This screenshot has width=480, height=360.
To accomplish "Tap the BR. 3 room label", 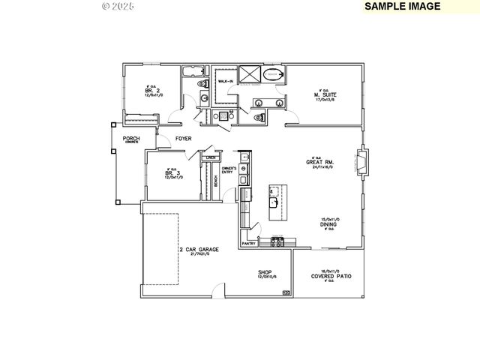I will (169, 174).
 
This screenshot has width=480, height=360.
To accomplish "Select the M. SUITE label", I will (324, 94).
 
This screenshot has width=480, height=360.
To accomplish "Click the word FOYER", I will (183, 139).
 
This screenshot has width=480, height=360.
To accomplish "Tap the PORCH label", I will (131, 138).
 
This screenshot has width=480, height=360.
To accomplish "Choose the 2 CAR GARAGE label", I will (199, 249).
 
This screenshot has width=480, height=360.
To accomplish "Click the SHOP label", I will (265, 272).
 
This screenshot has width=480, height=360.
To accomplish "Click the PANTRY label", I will (249, 243).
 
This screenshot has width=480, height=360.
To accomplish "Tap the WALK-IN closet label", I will (225, 80).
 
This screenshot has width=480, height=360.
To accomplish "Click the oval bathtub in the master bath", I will (273, 74).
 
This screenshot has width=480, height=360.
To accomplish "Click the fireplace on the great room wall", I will (363, 162).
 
